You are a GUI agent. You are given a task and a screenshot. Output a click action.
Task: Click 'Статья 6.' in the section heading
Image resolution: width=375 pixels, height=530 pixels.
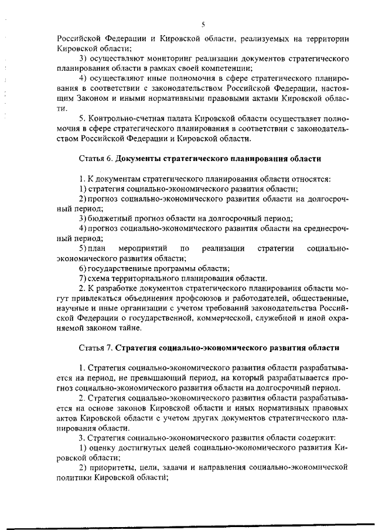point(96,159)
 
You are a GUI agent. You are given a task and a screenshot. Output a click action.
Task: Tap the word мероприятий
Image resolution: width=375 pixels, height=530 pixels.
point(143,248)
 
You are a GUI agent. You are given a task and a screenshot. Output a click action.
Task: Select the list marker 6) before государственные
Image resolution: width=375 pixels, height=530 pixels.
point(83,268)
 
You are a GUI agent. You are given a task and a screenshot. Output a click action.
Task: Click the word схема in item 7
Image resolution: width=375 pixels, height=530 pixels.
point(100,278)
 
